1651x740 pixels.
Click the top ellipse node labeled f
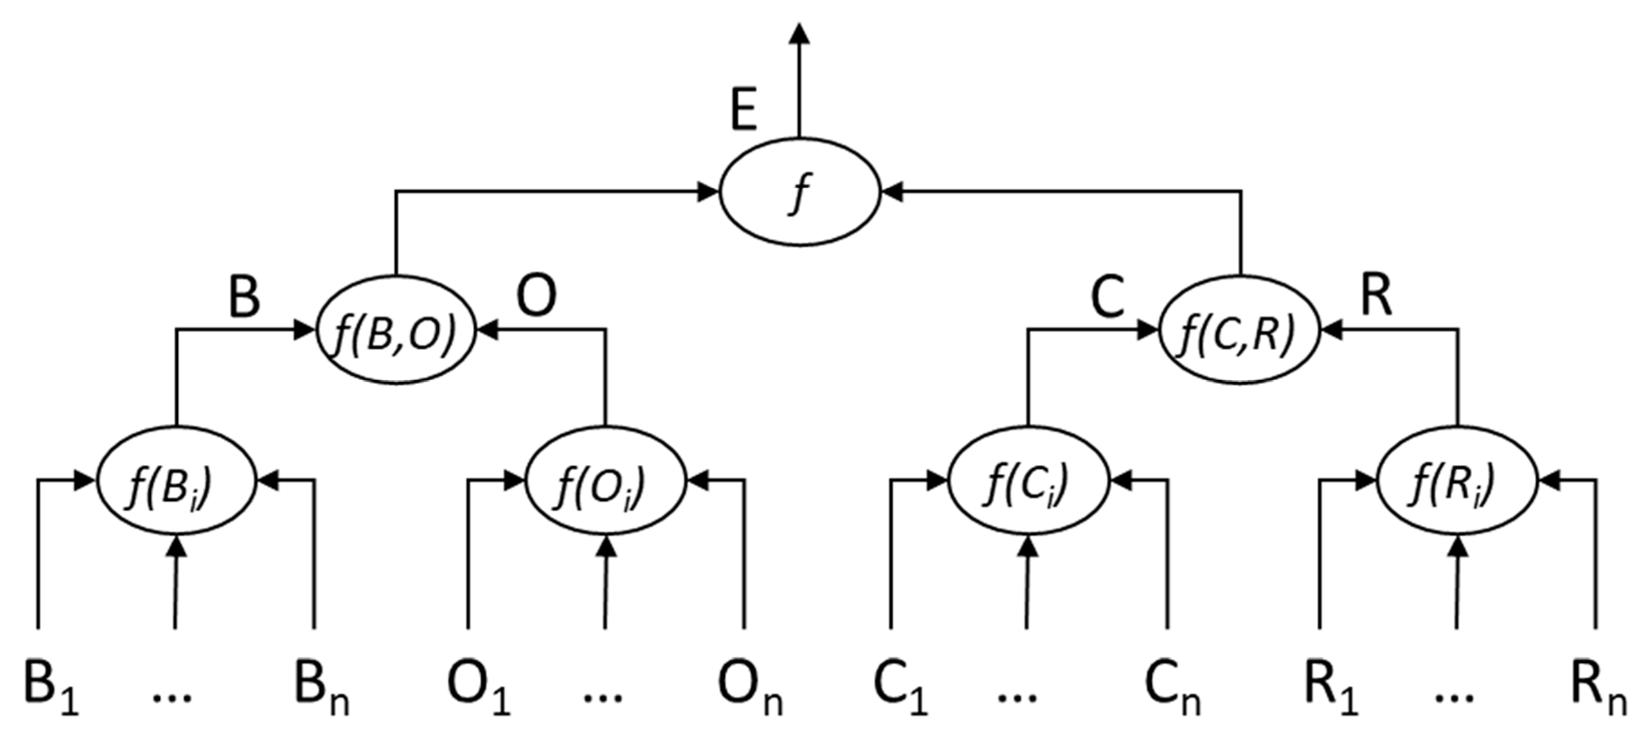pos(799,192)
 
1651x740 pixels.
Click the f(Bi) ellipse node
pos(176,481)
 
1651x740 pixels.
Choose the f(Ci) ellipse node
pos(1027,481)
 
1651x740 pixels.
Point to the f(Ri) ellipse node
pos(1457,481)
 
